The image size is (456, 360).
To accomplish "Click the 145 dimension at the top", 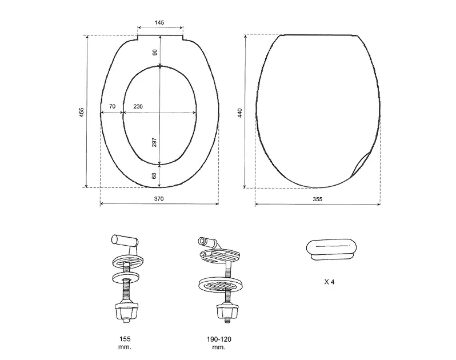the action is point(159,22).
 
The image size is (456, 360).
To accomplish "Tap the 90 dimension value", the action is point(155,53).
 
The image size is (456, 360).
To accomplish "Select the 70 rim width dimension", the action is point(112,106).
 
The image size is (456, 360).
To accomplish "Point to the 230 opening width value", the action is point(138,106).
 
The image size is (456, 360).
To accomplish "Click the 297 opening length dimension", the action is point(154,142).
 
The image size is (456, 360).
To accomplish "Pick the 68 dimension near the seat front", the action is point(154,175).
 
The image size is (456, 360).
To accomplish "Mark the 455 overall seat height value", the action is point(81,113).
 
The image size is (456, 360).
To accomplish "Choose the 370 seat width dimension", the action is point(159,199).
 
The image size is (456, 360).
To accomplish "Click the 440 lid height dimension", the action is point(239,113).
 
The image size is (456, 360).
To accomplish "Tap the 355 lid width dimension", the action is point(318,199).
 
